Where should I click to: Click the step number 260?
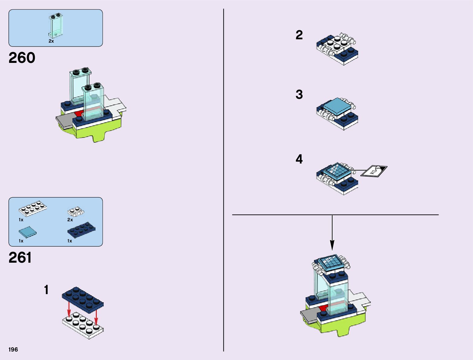point(22,58)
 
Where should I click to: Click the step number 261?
point(20,258)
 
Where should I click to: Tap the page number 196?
point(13,350)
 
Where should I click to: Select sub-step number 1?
point(46,290)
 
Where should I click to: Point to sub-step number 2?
point(299,35)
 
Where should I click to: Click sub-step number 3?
point(299,95)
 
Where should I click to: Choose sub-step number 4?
point(299,159)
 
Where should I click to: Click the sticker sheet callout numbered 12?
point(374,171)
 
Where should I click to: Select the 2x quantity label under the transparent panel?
point(51,41)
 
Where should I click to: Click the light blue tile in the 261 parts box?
point(28,232)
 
